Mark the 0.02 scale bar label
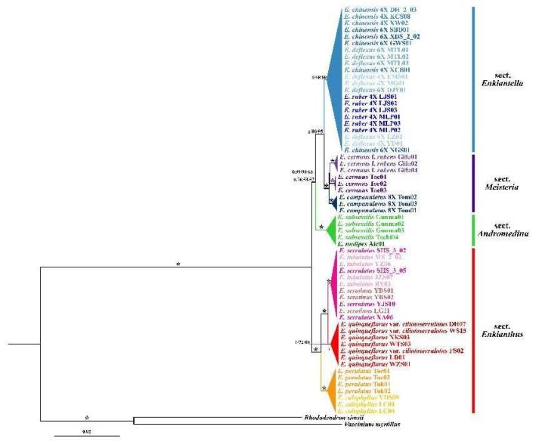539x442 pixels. coord(85,431)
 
